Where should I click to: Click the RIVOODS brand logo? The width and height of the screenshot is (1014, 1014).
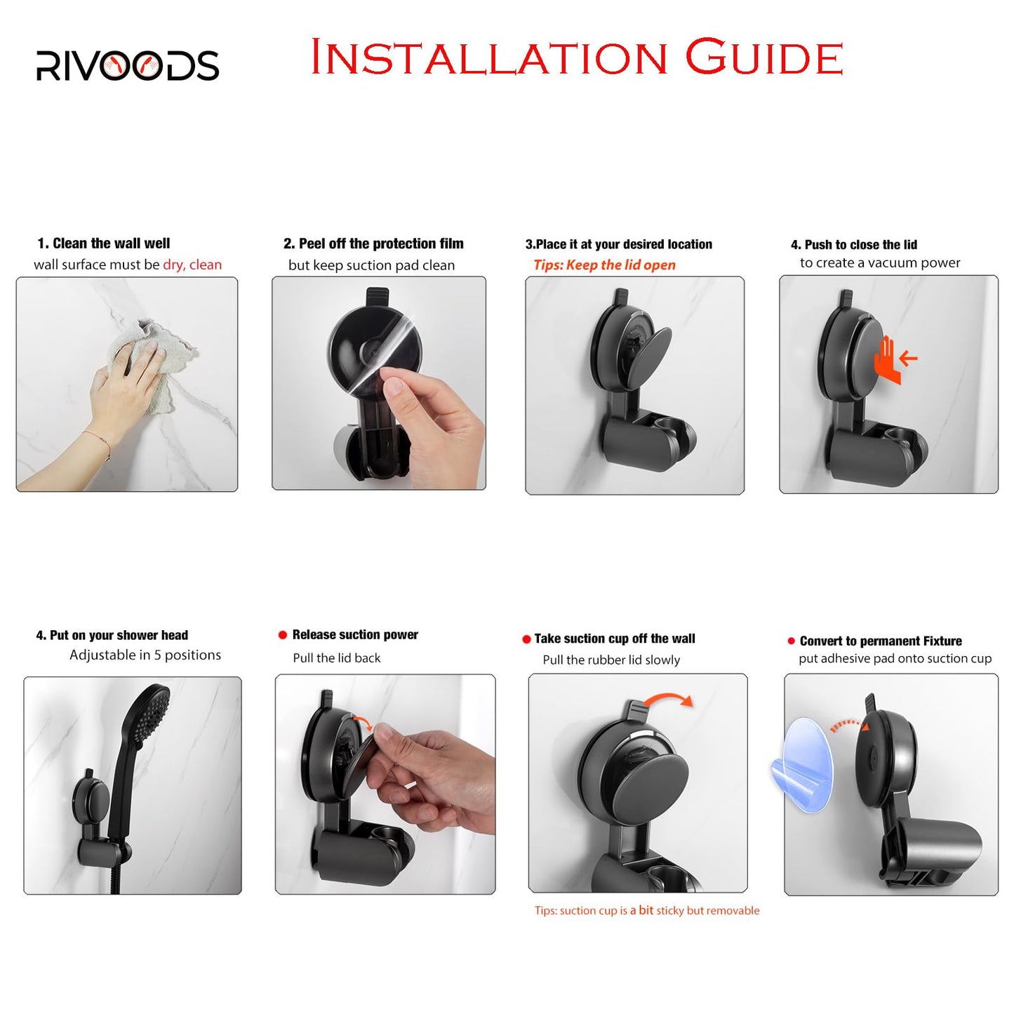coord(127,65)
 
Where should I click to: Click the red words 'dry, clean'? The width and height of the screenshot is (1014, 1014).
coord(192,265)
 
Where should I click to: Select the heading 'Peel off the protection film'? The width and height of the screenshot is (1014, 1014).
coord(380,244)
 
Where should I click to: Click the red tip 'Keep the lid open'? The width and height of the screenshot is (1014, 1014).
coord(604,265)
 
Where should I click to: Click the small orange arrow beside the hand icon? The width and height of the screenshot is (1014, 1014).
coord(909,359)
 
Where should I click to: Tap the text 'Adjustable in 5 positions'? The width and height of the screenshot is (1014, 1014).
coord(145,655)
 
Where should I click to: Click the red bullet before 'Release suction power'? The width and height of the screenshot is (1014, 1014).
coord(283,634)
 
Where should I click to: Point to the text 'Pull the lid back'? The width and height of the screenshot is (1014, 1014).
coord(337,658)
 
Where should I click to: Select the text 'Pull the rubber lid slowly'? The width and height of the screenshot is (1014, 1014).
coord(611,660)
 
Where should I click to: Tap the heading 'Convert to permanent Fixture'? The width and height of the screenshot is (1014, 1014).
coord(880,641)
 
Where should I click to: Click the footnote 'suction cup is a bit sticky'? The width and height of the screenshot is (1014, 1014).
coord(646,910)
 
